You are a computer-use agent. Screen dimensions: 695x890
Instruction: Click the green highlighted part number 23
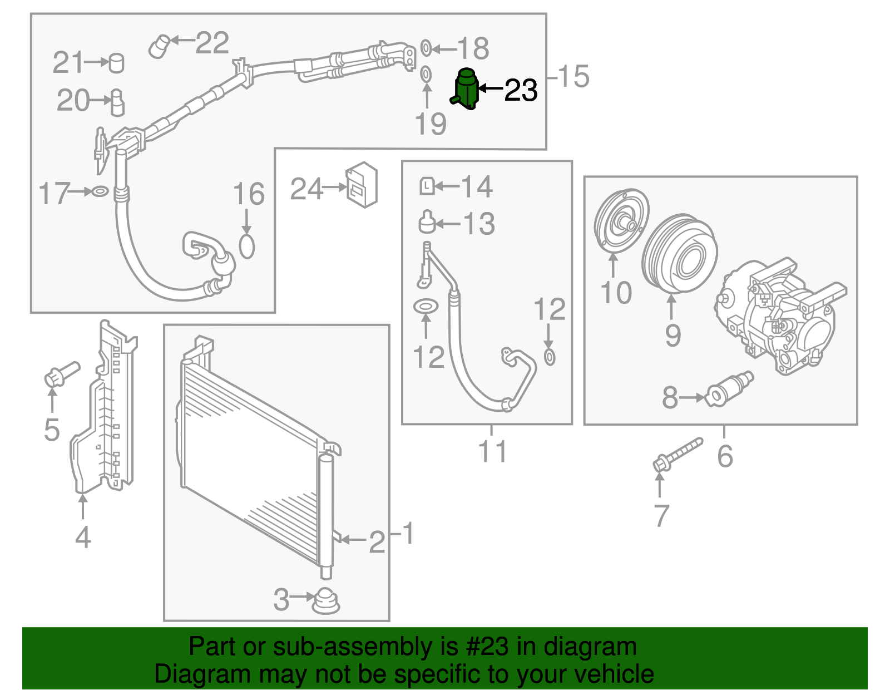(x=466, y=89)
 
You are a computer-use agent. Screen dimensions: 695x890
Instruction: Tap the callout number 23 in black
(x=521, y=90)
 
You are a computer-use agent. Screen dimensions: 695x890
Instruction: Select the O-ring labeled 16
(x=247, y=247)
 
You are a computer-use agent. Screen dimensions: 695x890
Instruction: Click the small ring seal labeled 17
(x=100, y=192)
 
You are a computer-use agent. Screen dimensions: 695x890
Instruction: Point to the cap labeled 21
(x=116, y=63)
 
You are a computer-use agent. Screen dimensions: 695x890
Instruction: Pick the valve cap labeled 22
(x=159, y=46)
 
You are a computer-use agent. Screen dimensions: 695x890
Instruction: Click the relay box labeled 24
(x=362, y=185)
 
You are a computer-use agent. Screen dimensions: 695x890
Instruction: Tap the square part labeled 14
(x=427, y=185)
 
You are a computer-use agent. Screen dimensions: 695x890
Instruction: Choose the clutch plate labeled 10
(x=621, y=223)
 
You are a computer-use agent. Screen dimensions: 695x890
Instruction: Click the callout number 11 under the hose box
(x=493, y=451)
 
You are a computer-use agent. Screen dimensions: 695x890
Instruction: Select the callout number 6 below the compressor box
(x=725, y=456)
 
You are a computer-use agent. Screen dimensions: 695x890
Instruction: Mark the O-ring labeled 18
(x=426, y=48)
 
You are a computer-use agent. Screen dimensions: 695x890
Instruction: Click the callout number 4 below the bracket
(x=83, y=538)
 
